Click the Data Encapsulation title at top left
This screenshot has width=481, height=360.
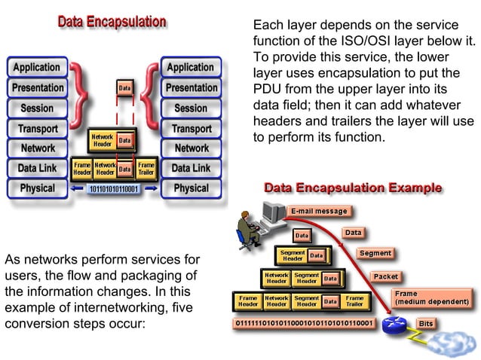pyautogui.click(x=112, y=22)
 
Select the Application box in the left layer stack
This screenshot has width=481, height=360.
pyautogui.click(x=36, y=67)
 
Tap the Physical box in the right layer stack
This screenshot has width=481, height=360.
pyautogui.click(x=191, y=188)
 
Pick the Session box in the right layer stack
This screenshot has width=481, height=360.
pyautogui.click(x=191, y=108)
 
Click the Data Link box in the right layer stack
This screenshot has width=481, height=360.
pyautogui.click(x=191, y=168)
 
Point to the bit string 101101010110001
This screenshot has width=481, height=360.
pyautogui.click(x=114, y=188)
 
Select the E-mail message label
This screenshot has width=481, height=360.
pyautogui.click(x=320, y=211)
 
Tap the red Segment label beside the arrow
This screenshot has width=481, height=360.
pyautogui.click(x=375, y=253)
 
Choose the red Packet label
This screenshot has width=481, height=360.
pyautogui.click(x=385, y=276)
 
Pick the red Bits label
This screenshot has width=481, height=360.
pyautogui.click(x=426, y=323)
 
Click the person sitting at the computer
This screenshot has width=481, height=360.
pyautogui.click(x=247, y=224)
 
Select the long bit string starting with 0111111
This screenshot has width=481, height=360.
pyautogui.click(x=305, y=324)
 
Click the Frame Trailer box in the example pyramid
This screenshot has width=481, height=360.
pyautogui.click(x=354, y=302)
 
